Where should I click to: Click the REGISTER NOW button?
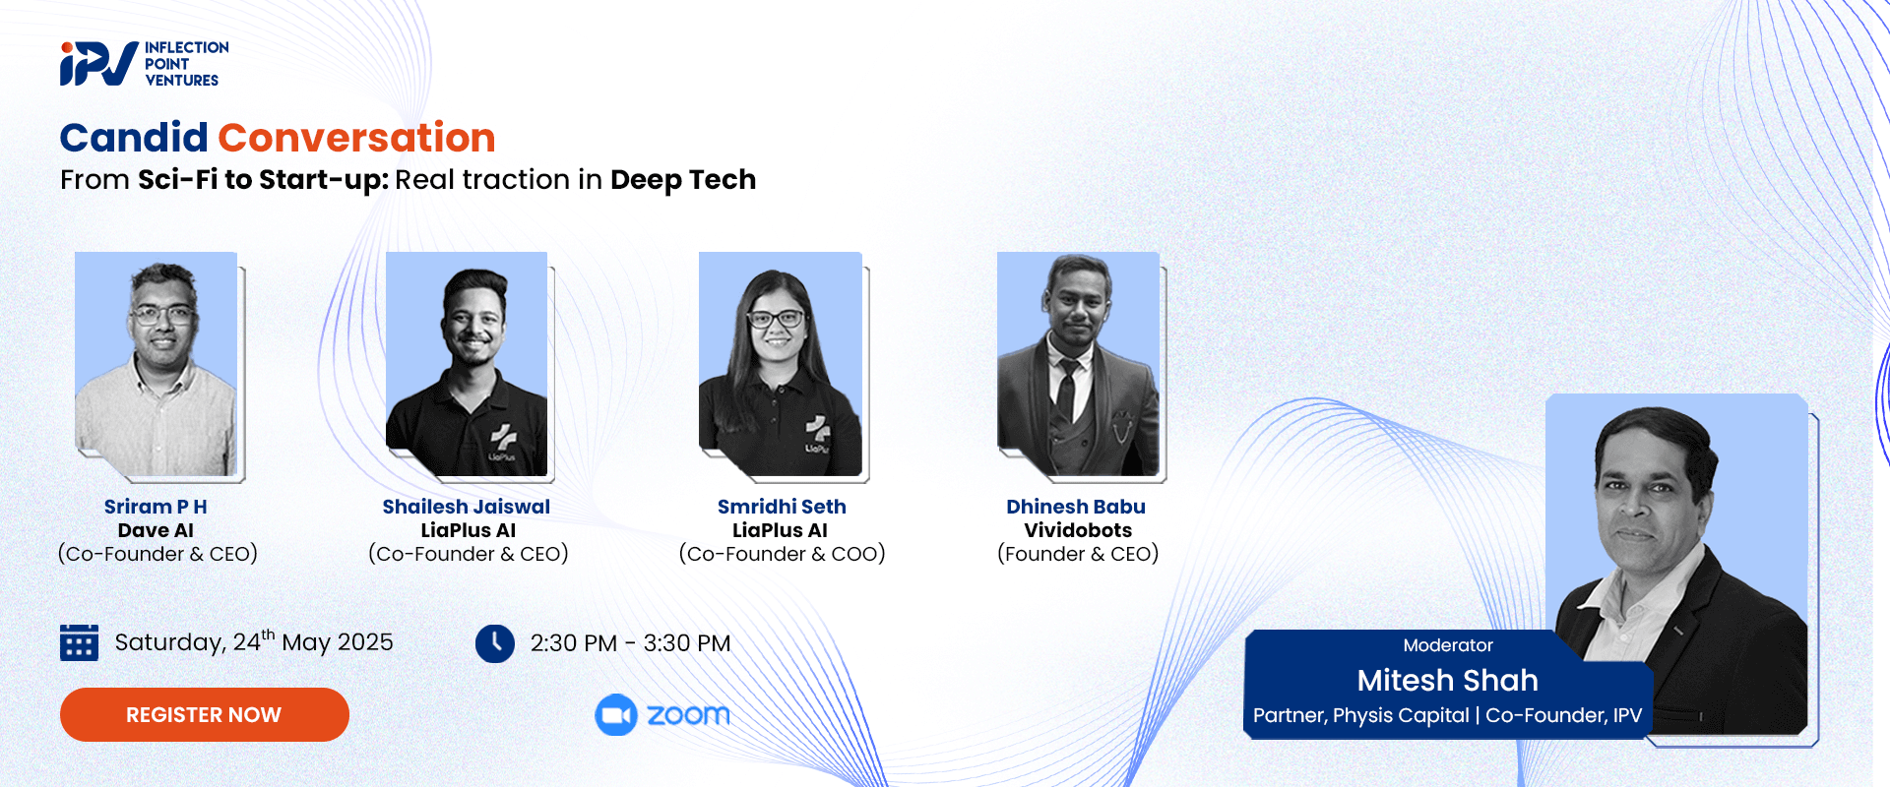(x=205, y=714)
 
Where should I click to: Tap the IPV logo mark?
(x=98, y=64)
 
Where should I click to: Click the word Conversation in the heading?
(x=356, y=138)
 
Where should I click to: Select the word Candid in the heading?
(x=134, y=138)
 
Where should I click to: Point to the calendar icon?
(x=79, y=642)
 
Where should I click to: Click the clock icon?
(x=495, y=643)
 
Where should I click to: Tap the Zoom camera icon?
(x=616, y=715)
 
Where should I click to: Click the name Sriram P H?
(x=156, y=507)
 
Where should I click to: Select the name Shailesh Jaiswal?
(x=467, y=507)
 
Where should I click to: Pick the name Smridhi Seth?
(x=782, y=507)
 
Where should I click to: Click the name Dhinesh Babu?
(x=1076, y=507)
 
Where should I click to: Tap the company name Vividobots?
(x=1078, y=530)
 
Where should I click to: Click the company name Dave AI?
(x=156, y=530)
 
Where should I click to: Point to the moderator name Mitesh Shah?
(x=1447, y=680)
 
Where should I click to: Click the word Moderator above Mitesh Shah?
(x=1448, y=645)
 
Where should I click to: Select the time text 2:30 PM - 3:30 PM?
(x=630, y=643)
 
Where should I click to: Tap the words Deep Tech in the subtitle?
(x=683, y=180)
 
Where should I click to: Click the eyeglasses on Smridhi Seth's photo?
(x=776, y=319)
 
